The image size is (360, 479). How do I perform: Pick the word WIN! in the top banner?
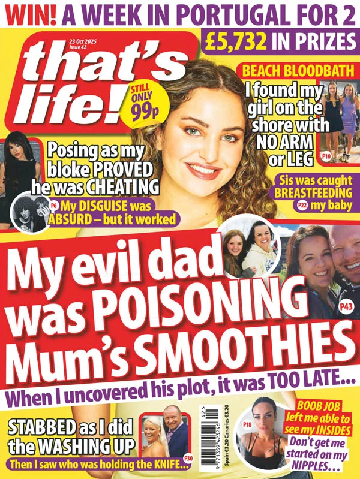tap(27, 14)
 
